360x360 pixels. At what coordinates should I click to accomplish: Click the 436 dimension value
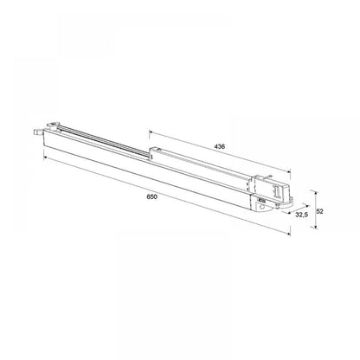coord(220,146)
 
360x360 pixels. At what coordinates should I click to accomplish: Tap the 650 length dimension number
coord(152,196)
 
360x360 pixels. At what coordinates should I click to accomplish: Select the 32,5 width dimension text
coord(302,215)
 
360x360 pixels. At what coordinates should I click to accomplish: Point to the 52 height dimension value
coord(319,211)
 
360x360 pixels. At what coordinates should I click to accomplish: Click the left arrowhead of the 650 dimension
coord(45,158)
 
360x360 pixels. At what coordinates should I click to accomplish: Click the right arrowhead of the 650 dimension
coord(288,234)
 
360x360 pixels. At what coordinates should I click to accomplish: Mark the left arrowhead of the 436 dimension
coord(151,132)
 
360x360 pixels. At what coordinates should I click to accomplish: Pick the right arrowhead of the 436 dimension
coord(288,170)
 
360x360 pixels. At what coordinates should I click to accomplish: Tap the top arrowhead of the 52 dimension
coord(316,192)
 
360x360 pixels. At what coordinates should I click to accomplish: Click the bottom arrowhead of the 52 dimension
coord(316,227)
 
